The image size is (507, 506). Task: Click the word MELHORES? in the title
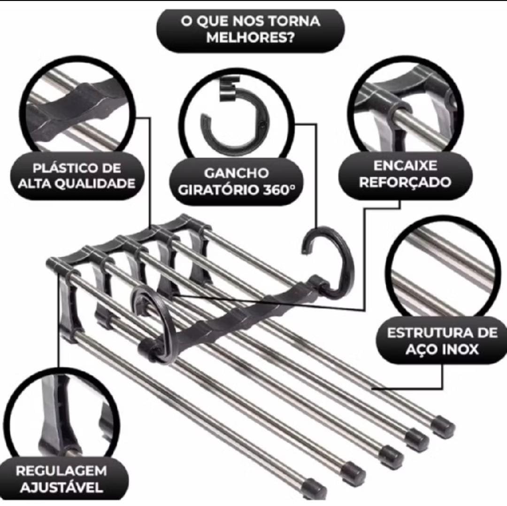coord(251,38)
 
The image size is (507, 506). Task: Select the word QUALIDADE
coord(95,183)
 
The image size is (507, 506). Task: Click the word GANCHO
coord(236,173)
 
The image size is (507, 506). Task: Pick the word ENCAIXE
coord(405,166)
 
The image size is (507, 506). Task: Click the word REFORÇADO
coord(405,182)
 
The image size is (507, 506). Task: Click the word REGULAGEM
coord(61,471)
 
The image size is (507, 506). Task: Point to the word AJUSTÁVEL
coord(61,487)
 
